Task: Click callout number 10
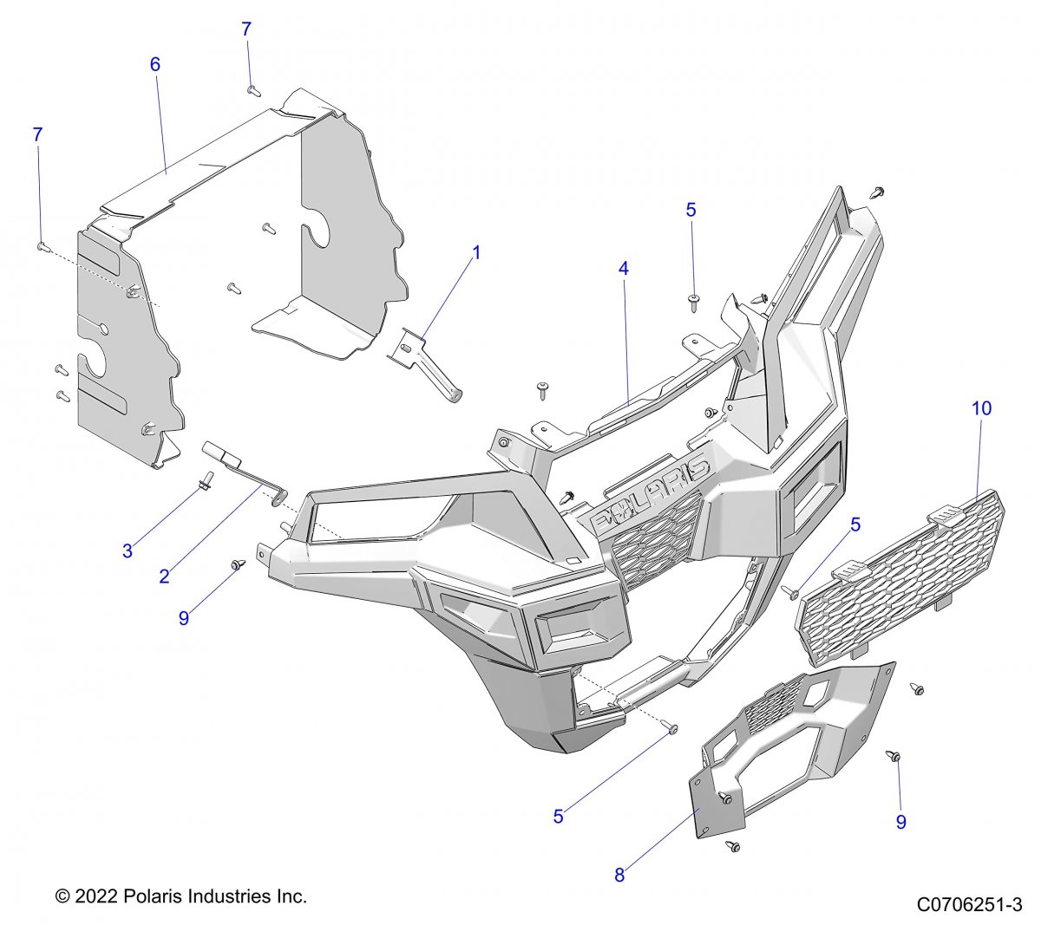pyautogui.click(x=981, y=408)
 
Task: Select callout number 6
pyautogui.click(x=154, y=64)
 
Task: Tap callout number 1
pyautogui.click(x=475, y=252)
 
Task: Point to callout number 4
pyautogui.click(x=623, y=269)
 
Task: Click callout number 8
pyautogui.click(x=619, y=875)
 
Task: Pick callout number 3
pyautogui.click(x=128, y=550)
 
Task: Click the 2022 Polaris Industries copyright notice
pyautogui.click(x=180, y=896)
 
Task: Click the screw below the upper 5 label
pyautogui.click(x=694, y=301)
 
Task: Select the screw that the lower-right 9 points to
pyautogui.click(x=894, y=757)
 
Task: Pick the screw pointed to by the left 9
pyautogui.click(x=235, y=565)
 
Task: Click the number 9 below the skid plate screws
pyautogui.click(x=900, y=822)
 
